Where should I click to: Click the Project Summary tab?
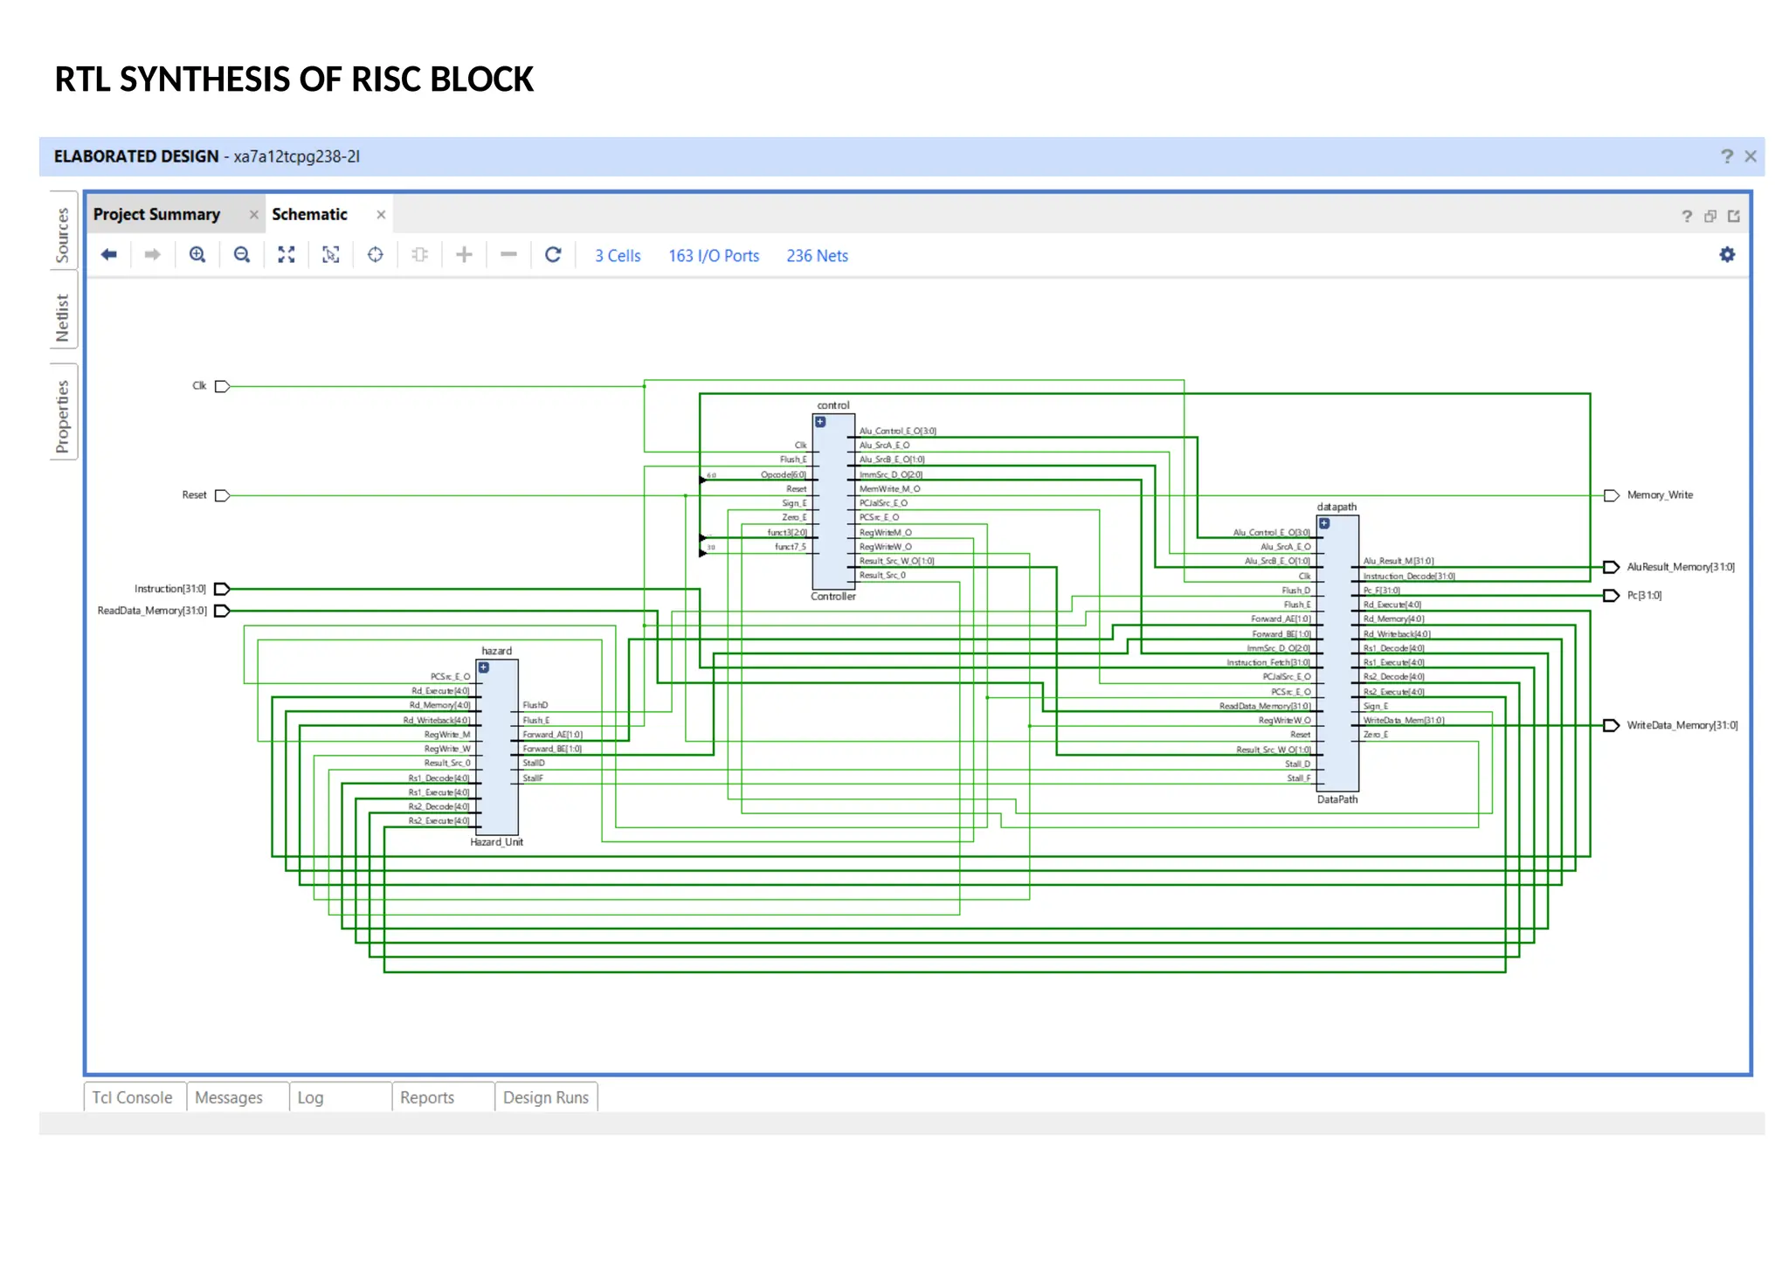click(156, 214)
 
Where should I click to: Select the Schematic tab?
click(309, 214)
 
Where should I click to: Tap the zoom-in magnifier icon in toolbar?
click(197, 254)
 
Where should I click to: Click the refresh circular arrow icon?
click(553, 254)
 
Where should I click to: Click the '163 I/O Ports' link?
click(713, 256)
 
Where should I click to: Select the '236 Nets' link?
click(817, 256)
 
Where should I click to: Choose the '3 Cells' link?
click(618, 256)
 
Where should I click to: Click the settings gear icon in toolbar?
click(1727, 254)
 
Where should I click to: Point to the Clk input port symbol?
click(222, 386)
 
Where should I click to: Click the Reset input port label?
click(194, 495)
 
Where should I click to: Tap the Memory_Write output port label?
click(1659, 495)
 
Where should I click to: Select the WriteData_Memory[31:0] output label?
click(1682, 725)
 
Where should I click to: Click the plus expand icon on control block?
click(820, 422)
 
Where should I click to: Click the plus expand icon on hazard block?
click(484, 667)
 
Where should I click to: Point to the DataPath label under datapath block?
click(1337, 799)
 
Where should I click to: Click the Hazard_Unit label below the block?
click(496, 842)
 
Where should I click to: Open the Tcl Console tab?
click(133, 1097)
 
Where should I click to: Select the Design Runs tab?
click(545, 1097)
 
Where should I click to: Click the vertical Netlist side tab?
click(62, 317)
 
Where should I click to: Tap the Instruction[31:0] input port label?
click(170, 589)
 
